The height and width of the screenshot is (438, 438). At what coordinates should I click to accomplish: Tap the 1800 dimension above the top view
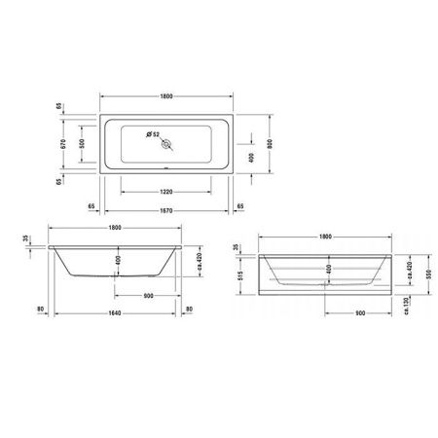pyautogui.click(x=167, y=95)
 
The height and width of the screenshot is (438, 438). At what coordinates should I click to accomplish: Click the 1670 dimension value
pyautogui.click(x=167, y=207)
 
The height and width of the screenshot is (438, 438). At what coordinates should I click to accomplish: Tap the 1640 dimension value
pyautogui.click(x=115, y=311)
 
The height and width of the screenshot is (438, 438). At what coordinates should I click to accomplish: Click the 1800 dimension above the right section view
pyautogui.click(x=327, y=237)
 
